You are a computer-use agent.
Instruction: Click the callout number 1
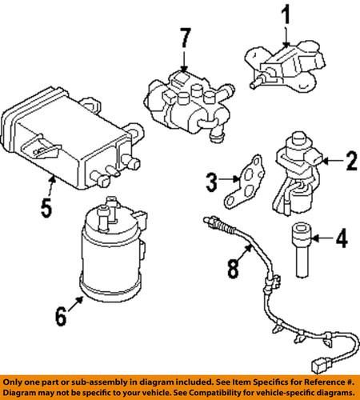click(x=286, y=14)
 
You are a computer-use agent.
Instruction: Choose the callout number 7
click(x=185, y=38)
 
